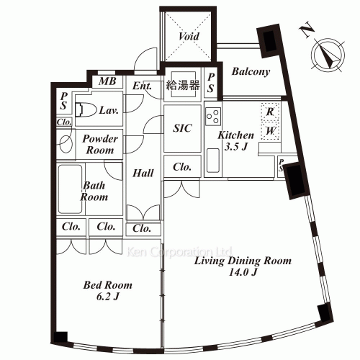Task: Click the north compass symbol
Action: coord(328,55)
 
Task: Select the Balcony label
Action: coord(251,71)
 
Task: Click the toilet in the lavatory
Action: coord(84,109)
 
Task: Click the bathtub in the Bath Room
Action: coord(71,189)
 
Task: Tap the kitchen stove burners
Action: coord(213,114)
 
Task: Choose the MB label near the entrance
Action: coord(107,81)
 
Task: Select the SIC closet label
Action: coord(181,127)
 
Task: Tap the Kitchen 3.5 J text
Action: coord(235,140)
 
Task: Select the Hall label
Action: coord(141,173)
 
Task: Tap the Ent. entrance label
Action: coord(142,86)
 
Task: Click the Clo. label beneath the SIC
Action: coord(181,166)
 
